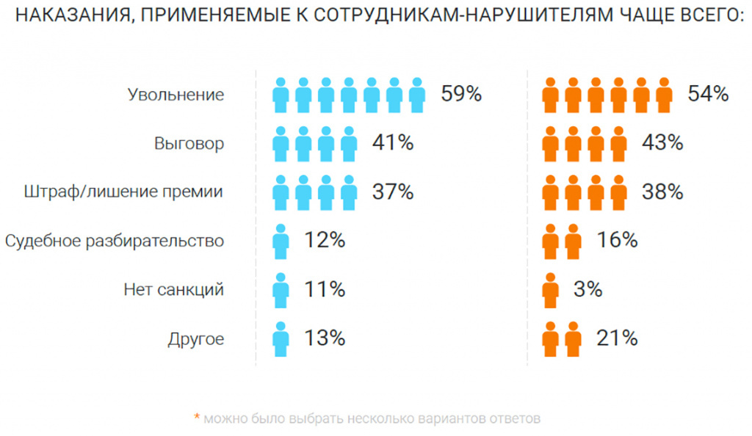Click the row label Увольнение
[x=176, y=95]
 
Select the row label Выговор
[x=189, y=143]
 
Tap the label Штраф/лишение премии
[x=123, y=192]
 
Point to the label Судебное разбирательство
[x=114, y=241]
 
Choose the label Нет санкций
[x=173, y=290]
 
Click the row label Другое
[x=195, y=338]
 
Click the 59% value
[x=461, y=94]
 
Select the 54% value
[x=708, y=94]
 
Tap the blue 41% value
[x=393, y=143]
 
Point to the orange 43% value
[x=662, y=143]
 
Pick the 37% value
[x=393, y=192]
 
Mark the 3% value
[x=588, y=289]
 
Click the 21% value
[x=617, y=338]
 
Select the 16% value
[x=617, y=240]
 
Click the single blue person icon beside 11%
[x=281, y=290]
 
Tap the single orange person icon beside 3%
[x=550, y=290]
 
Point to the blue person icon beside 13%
[x=281, y=338]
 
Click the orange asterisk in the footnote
[x=196, y=418]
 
